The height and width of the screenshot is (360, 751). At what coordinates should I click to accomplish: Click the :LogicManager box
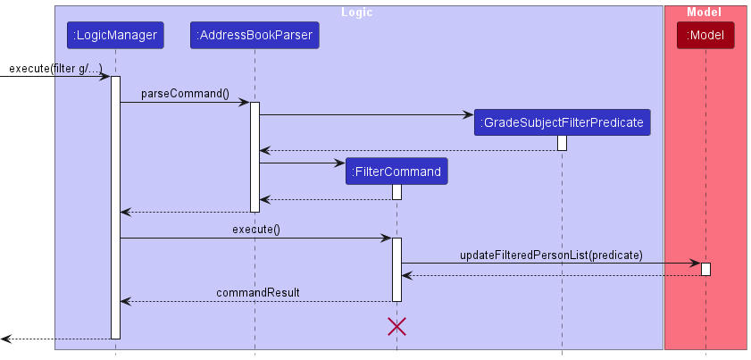[x=115, y=36]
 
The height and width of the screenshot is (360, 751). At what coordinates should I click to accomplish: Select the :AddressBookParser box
[x=255, y=36]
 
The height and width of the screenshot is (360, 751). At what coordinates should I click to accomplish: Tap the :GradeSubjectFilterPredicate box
[x=562, y=122]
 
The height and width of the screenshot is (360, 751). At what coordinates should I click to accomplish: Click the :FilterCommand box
[x=396, y=172]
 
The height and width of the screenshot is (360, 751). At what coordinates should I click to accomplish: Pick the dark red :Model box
[x=705, y=36]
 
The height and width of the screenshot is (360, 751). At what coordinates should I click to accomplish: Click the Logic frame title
[x=357, y=13]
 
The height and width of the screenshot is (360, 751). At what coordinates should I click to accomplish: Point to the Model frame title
[x=705, y=13]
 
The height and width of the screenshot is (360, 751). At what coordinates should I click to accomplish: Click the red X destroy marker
[x=396, y=326]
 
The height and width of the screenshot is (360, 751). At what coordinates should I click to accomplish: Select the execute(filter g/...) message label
[x=55, y=69]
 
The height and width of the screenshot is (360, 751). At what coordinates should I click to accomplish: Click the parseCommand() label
[x=185, y=94]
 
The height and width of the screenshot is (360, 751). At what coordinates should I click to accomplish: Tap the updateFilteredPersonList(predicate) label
[x=551, y=255]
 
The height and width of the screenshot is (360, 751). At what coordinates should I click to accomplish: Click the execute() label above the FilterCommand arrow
[x=256, y=230]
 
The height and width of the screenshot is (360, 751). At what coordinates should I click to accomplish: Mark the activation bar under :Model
[x=705, y=269]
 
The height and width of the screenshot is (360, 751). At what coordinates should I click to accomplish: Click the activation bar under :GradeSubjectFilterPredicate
[x=562, y=143]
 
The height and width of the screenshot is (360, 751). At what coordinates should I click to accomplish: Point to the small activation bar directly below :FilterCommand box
[x=396, y=192]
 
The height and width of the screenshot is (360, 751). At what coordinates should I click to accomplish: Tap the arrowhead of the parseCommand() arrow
[x=244, y=103]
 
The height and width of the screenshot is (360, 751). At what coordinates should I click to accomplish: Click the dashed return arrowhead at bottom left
[x=6, y=339]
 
